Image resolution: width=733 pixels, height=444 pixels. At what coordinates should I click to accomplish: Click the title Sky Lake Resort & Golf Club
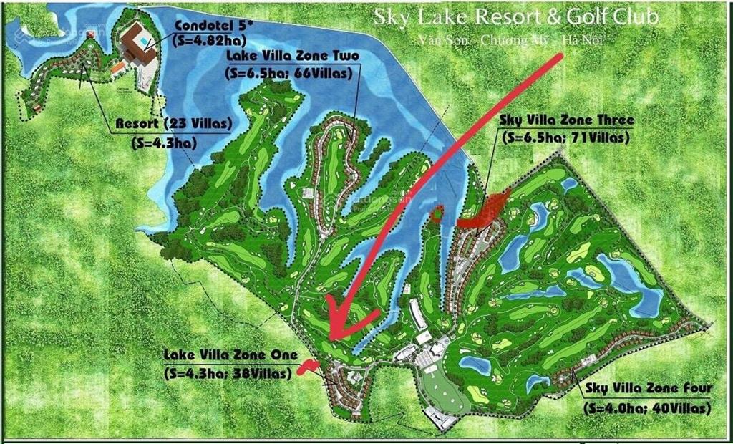pos(515,16)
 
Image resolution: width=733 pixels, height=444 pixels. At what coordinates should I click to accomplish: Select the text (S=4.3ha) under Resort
pos(162,142)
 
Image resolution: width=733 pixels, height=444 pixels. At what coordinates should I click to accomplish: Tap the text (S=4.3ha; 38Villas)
pos(228,373)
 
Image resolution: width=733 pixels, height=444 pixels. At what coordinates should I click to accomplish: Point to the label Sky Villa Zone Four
pos(648,389)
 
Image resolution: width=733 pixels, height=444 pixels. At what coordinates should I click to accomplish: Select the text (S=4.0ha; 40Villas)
pos(647,408)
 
